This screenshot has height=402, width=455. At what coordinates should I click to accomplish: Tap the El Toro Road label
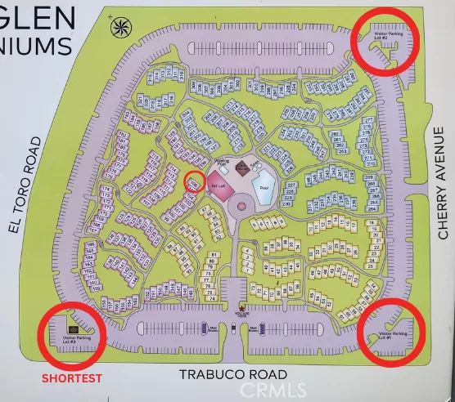[26, 186]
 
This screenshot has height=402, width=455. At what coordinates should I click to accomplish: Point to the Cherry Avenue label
[443, 183]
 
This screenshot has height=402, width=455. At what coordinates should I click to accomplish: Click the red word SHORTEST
[72, 378]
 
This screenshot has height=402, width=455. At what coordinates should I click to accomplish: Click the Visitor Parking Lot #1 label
[393, 335]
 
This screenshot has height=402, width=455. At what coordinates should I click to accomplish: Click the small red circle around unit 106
[194, 181]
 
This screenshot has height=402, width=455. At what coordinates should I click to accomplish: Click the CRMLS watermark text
[273, 391]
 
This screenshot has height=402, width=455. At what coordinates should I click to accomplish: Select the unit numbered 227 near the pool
[289, 186]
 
